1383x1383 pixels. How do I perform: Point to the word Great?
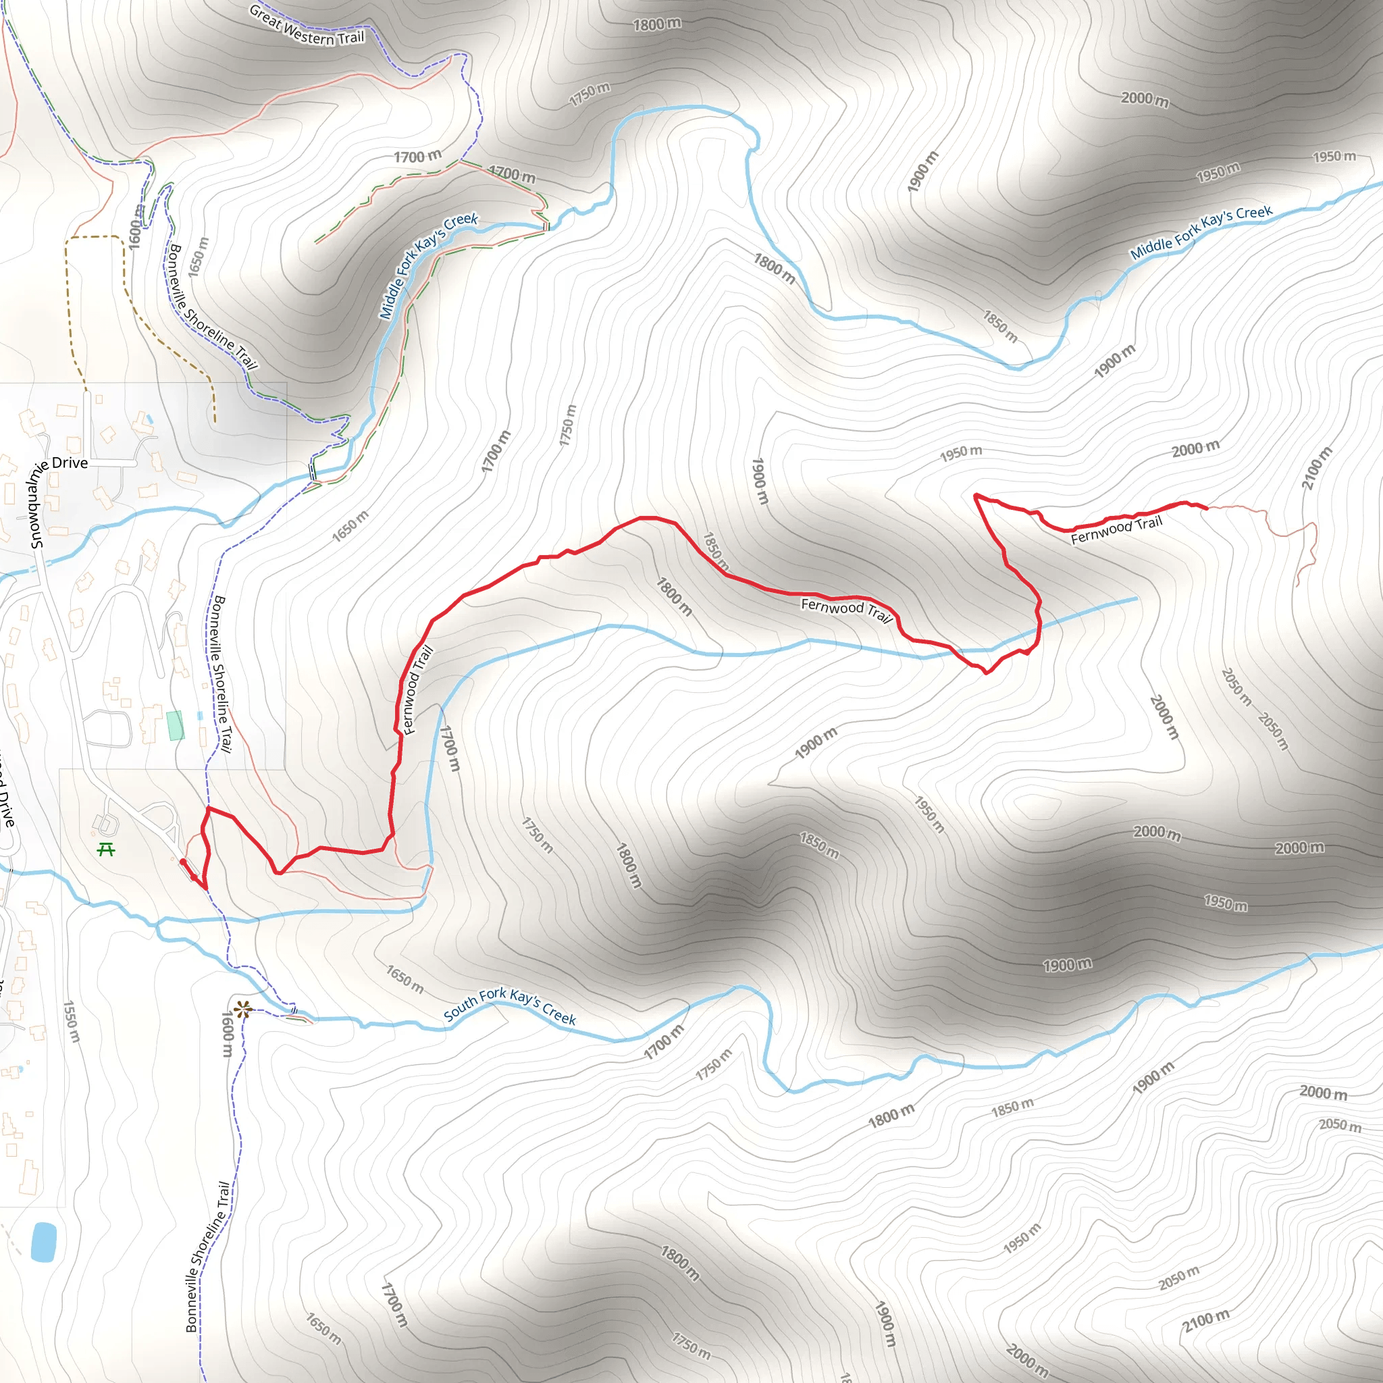click(x=265, y=16)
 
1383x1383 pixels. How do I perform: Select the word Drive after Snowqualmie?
click(x=70, y=463)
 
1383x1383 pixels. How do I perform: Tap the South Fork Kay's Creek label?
click(x=510, y=1006)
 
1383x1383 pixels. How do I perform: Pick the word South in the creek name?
click(x=460, y=1010)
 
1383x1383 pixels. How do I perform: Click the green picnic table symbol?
click(x=107, y=850)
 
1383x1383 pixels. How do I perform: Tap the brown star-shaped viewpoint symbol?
click(x=242, y=1010)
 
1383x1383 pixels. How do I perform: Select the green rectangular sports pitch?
click(x=175, y=725)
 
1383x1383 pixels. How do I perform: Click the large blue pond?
click(x=44, y=1243)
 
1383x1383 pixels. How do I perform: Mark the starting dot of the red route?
click(x=182, y=861)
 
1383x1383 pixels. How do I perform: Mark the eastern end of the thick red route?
click(x=1207, y=508)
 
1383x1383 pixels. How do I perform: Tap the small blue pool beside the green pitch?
click(x=200, y=716)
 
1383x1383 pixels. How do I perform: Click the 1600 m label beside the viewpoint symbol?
click(x=227, y=1035)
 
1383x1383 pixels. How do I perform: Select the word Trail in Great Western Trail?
click(x=350, y=37)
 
